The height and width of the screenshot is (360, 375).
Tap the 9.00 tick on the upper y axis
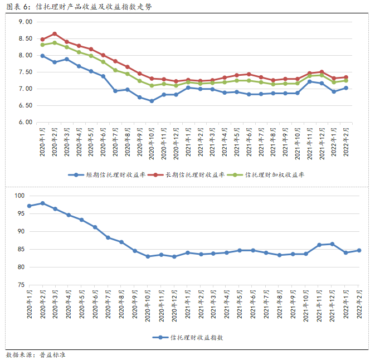tap(26, 22)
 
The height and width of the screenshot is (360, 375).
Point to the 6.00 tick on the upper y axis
tap(26, 122)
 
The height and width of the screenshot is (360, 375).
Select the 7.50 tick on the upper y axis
tap(26, 72)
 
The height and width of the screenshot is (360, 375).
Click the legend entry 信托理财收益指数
tap(197, 337)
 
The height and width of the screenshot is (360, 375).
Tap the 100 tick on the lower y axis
tap(20, 196)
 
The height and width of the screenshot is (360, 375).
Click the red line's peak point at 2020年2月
tap(55, 33)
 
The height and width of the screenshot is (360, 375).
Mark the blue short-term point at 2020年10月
tap(152, 101)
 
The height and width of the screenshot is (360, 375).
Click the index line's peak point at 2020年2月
tap(42, 203)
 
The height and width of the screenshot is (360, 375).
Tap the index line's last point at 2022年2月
tap(359, 250)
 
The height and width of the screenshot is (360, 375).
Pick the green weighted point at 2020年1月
tap(42, 45)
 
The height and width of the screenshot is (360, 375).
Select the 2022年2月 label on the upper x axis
tap(346, 142)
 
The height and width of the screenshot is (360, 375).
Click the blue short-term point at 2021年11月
tap(310, 81)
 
